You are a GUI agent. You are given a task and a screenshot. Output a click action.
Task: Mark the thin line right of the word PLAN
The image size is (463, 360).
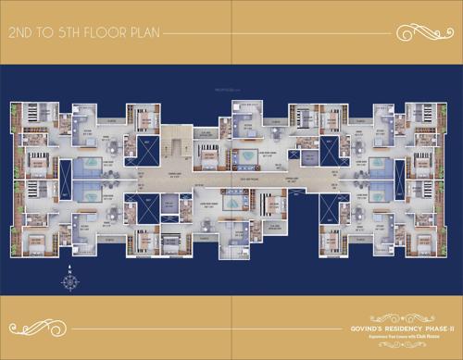click(x=278, y=33)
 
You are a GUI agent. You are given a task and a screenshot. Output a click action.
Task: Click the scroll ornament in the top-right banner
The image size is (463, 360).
click(x=418, y=33)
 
